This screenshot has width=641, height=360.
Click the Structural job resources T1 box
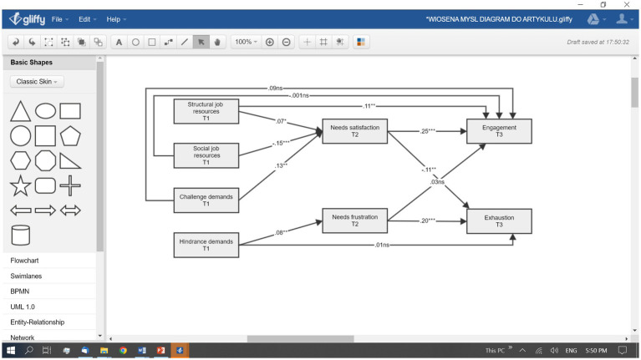coord(206,111)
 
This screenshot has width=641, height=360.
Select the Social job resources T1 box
coord(206,155)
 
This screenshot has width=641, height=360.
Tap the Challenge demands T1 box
coord(206,200)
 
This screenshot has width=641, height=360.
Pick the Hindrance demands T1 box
coord(206,245)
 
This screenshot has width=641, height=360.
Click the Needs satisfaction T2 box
coord(355,131)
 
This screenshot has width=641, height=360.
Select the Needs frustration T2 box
coord(355,221)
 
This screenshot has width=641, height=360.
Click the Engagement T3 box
coord(499,131)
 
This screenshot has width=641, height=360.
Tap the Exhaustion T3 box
coord(499,221)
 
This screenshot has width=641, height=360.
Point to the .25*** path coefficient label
coord(428,131)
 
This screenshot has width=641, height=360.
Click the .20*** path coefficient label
coord(428,221)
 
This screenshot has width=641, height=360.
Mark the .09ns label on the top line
coord(275,88)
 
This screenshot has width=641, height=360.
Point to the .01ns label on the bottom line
coord(382,245)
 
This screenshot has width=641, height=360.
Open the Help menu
coord(116,19)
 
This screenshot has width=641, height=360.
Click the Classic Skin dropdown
coord(37,81)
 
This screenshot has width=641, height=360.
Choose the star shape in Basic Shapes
coord(20,186)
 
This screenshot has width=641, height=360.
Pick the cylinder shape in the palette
coord(20,235)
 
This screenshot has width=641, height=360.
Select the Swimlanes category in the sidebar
coord(26,276)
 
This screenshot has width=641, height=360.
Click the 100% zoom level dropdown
coord(246,42)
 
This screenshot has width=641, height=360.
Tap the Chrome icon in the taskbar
coord(123,350)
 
